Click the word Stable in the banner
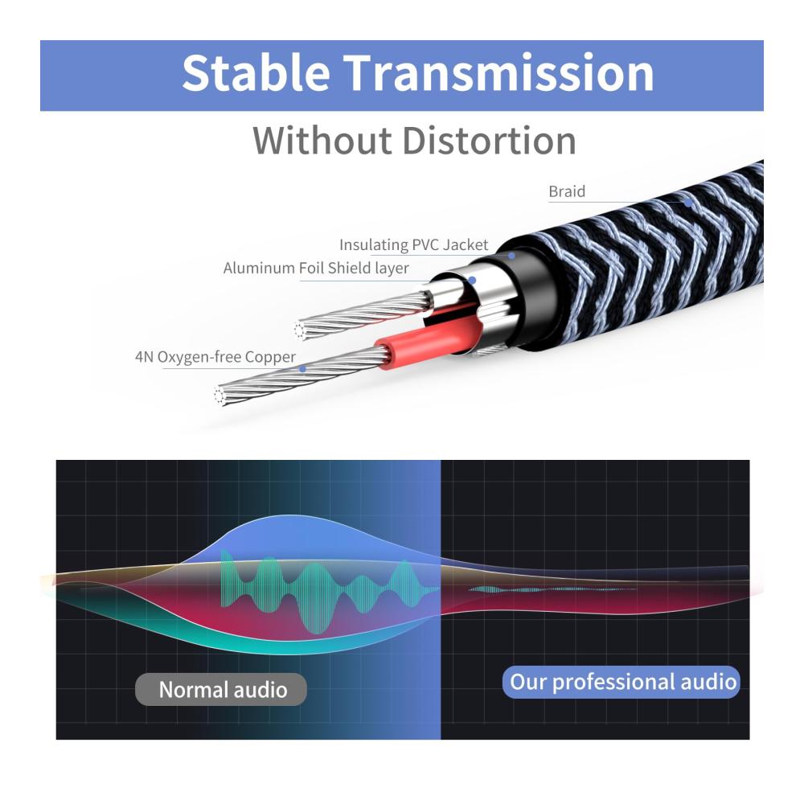click(x=256, y=72)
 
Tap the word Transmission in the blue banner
click(x=499, y=72)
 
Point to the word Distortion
click(x=490, y=141)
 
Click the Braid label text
click(x=567, y=191)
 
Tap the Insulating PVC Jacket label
click(x=414, y=244)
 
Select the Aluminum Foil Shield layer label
click(x=316, y=269)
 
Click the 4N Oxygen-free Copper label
click(x=215, y=357)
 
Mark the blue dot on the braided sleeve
click(x=689, y=203)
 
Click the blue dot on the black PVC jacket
click(x=511, y=256)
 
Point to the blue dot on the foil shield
click(x=472, y=280)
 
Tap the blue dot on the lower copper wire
click(x=302, y=369)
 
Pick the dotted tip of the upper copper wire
click(x=299, y=330)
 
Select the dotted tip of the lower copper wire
click(x=219, y=396)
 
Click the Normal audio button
click(x=222, y=689)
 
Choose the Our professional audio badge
click(x=621, y=682)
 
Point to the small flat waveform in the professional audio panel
click(x=552, y=589)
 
